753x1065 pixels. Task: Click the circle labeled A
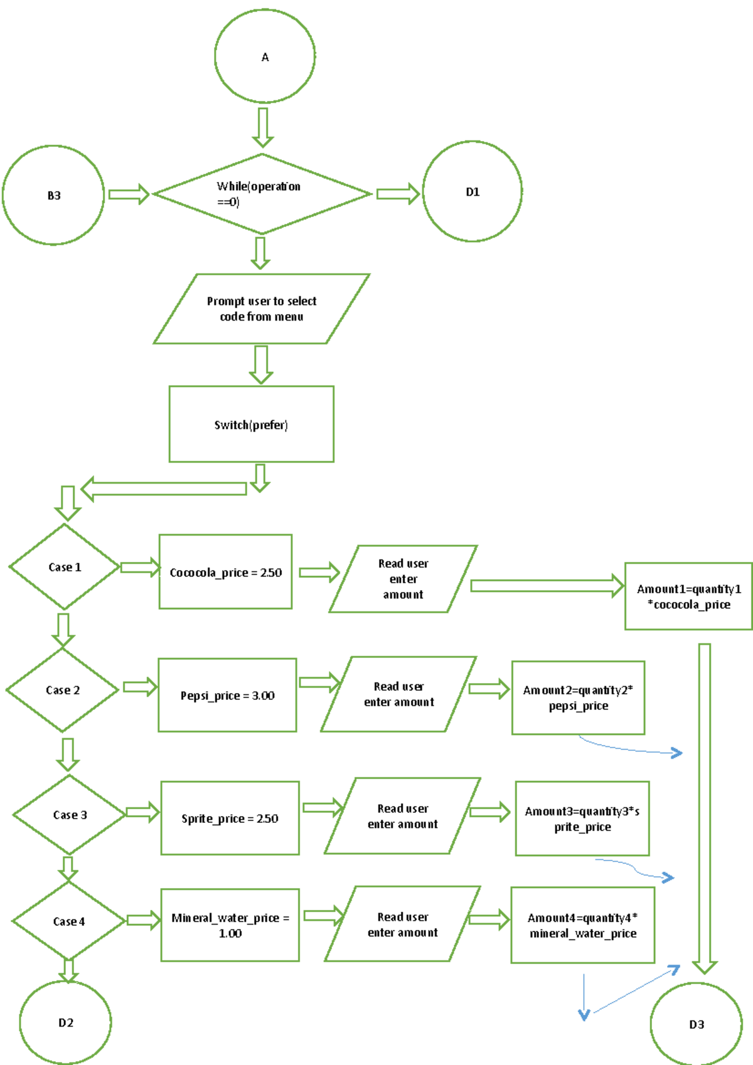[265, 56]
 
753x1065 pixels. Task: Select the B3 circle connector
[53, 195]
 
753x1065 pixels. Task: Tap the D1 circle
[473, 191]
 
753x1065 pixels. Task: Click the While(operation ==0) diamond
[262, 194]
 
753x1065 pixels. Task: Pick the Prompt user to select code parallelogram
[262, 309]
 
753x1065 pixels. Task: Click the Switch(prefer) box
[251, 425]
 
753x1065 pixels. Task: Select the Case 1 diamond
[65, 567]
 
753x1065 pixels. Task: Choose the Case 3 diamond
[70, 815]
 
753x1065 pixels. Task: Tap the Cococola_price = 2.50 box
[225, 572]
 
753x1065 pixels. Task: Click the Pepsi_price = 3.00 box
[227, 695]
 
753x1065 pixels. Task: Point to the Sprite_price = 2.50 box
[230, 818]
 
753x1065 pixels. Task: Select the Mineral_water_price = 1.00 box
[230, 925]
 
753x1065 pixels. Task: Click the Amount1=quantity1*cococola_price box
[688, 596]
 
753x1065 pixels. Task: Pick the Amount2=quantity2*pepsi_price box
[578, 697]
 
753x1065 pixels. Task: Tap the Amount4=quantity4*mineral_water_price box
[582, 925]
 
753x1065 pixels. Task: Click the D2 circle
[65, 1022]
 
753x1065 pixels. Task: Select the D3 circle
[697, 1024]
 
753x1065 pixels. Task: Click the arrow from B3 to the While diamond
[129, 194]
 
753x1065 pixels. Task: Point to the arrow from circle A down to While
[263, 127]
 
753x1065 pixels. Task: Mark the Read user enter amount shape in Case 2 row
[399, 694]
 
